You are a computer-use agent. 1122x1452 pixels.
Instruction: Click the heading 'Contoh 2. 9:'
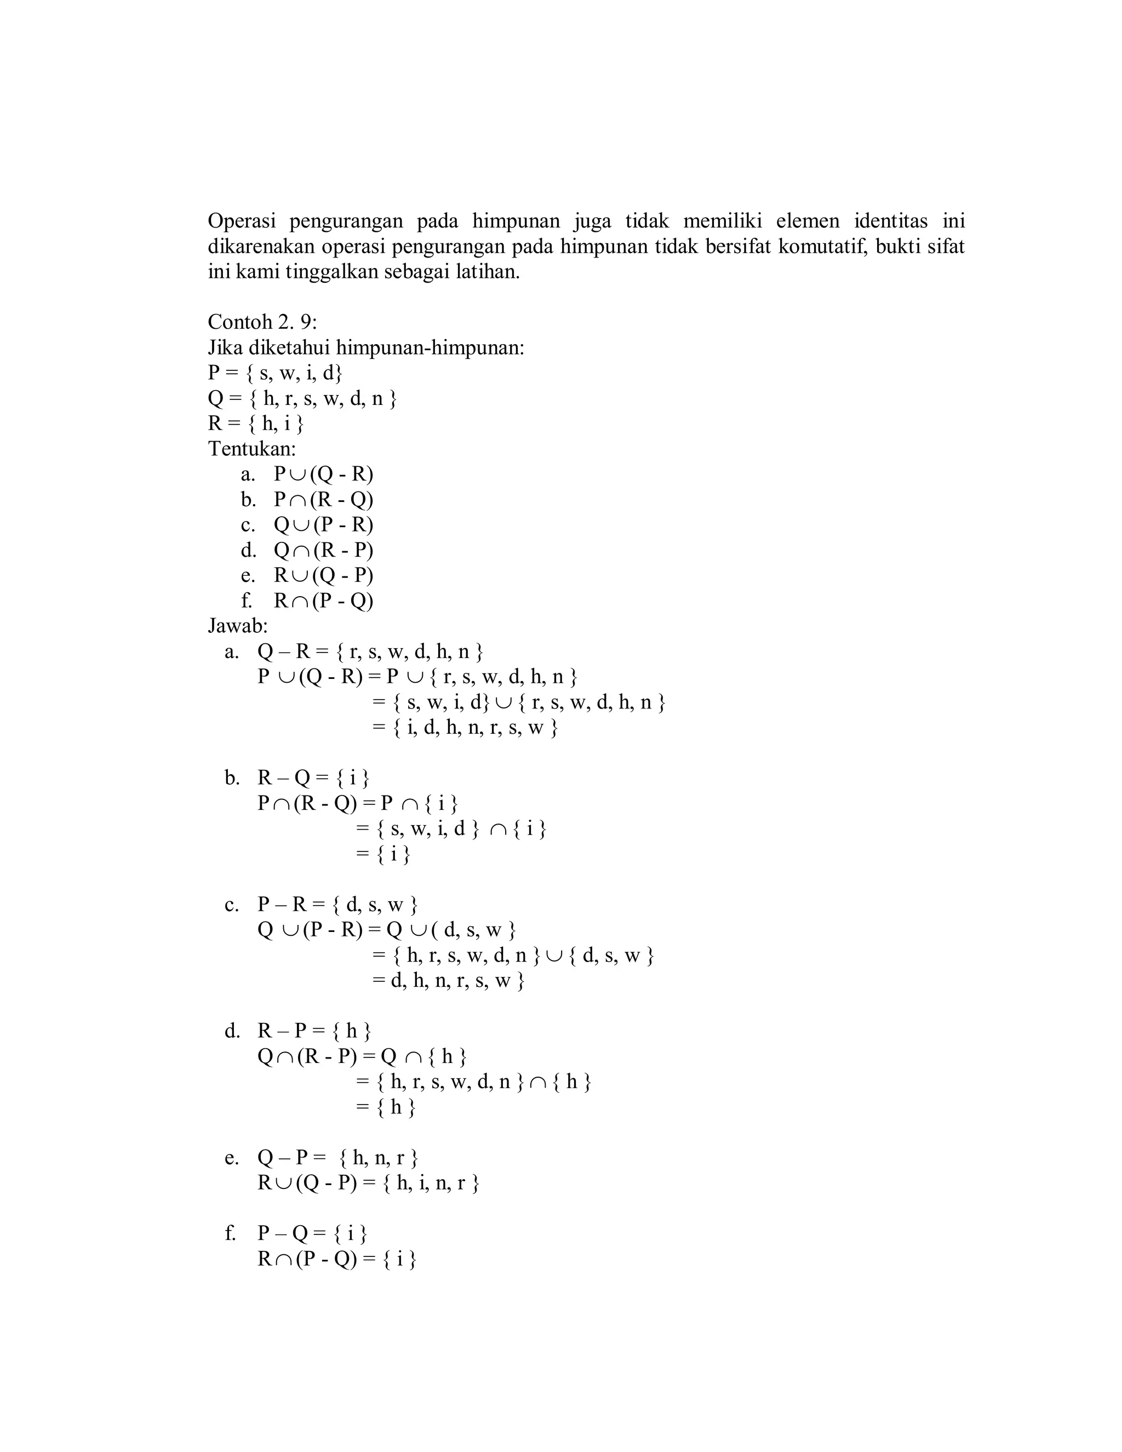pos(262,322)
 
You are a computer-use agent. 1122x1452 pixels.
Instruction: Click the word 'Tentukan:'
pos(252,449)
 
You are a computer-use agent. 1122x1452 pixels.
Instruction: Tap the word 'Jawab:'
pos(237,626)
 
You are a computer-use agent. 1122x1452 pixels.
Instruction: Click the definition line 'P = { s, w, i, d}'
pos(275,373)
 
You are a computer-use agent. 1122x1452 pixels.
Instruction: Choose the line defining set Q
pos(302,398)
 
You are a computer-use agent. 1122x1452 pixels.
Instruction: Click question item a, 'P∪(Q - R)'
pos(323,474)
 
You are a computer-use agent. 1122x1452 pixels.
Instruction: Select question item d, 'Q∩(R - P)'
pos(323,551)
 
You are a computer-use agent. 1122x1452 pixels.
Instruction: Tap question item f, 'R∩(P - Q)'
pos(323,601)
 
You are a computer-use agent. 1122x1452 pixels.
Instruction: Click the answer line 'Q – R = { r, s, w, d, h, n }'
pos(370,651)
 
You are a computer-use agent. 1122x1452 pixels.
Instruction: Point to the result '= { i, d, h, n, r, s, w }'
pos(465,728)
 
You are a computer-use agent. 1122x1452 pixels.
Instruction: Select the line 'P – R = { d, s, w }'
pos(337,905)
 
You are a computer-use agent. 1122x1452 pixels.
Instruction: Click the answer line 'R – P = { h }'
pos(314,1031)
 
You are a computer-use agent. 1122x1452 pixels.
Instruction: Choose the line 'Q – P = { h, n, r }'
pos(337,1158)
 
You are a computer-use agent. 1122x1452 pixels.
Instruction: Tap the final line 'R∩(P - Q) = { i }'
pos(337,1259)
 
